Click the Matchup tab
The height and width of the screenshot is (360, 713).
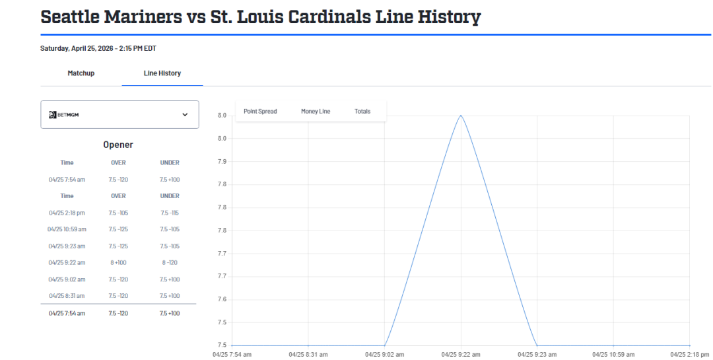click(x=81, y=73)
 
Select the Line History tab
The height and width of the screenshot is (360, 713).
click(x=162, y=73)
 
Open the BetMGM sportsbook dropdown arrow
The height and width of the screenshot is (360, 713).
click(x=185, y=114)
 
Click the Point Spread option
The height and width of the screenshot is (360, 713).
click(x=260, y=112)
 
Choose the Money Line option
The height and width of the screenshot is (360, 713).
click(x=316, y=112)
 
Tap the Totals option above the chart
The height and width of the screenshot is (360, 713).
click(x=362, y=112)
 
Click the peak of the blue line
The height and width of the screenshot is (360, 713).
click(x=461, y=116)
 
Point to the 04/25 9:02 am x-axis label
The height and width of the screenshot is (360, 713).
click(x=384, y=354)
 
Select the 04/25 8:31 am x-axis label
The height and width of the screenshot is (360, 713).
click(x=308, y=354)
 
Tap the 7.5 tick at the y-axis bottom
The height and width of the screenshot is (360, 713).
click(x=222, y=345)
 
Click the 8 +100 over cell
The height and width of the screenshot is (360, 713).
click(x=118, y=262)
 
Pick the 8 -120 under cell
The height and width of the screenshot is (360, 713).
click(x=170, y=262)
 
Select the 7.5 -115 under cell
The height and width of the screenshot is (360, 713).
click(x=170, y=213)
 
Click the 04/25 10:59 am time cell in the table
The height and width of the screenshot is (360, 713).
click(x=67, y=229)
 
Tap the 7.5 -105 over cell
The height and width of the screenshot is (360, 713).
click(x=118, y=213)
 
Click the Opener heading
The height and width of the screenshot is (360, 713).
click(x=118, y=145)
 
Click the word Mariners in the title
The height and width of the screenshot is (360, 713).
click(x=141, y=17)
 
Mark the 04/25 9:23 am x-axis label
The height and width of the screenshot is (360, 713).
click(x=537, y=354)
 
